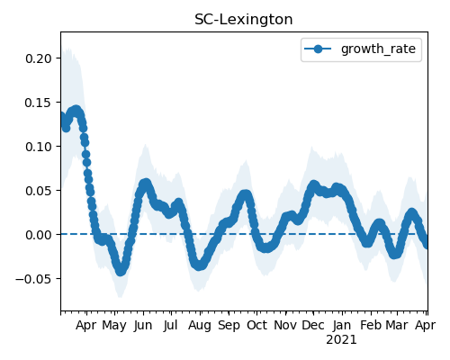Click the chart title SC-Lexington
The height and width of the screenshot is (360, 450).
[244, 20]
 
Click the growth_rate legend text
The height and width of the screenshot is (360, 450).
[378, 49]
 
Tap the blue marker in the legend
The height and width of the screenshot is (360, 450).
[318, 49]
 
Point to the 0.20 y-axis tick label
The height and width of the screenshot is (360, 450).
[39, 58]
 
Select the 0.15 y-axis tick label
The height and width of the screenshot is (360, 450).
[39, 103]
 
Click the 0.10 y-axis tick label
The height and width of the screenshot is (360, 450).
[39, 147]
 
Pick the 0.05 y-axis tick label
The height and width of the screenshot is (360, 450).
[39, 191]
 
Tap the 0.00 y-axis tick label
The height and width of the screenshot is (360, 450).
[39, 235]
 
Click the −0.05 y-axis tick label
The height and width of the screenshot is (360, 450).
[33, 279]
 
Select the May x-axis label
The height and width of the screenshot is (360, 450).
[114, 326]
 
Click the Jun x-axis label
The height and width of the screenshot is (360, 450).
[143, 325]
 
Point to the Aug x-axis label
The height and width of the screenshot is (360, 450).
[200, 326]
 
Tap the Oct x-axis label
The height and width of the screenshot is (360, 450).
[256, 325]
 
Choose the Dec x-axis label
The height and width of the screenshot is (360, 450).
[313, 325]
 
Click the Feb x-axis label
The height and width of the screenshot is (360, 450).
[371, 325]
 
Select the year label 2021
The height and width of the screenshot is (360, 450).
[341, 340]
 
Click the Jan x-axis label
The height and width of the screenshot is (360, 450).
[342, 325]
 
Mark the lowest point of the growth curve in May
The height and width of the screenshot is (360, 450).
[121, 271]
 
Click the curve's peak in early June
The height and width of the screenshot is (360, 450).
[146, 184]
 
